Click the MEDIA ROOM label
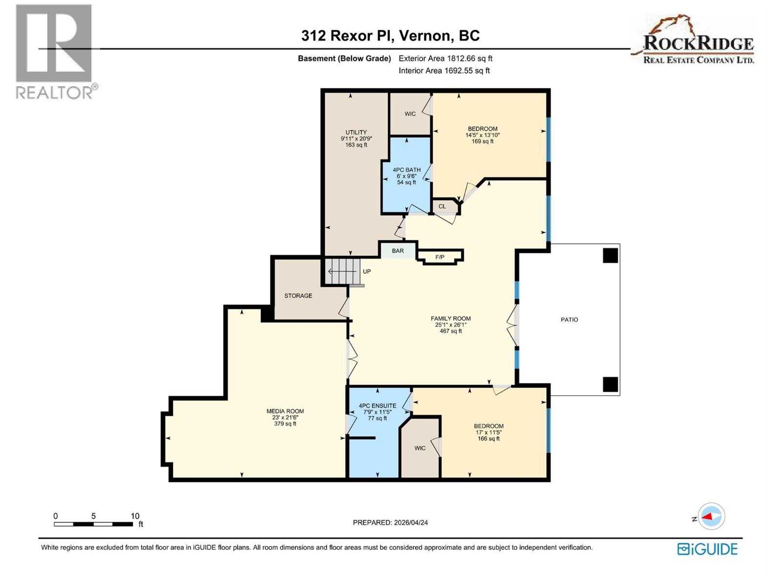[x=285, y=411]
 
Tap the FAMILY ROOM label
[x=451, y=318]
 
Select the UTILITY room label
[x=356, y=132]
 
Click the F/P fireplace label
[x=440, y=257]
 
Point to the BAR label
[x=398, y=251]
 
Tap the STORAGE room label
[x=298, y=295]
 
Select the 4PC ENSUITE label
[x=377, y=406]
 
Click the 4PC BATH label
[x=407, y=170]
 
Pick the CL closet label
[x=442, y=206]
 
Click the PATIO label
[x=569, y=319]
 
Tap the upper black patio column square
[x=610, y=255]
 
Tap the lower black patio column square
[x=610, y=384]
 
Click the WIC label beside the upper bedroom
[x=410, y=114]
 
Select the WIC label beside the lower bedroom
[x=420, y=448]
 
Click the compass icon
[x=711, y=516]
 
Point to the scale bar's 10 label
[x=135, y=516]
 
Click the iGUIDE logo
[x=707, y=549]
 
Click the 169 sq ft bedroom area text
[x=482, y=141]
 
